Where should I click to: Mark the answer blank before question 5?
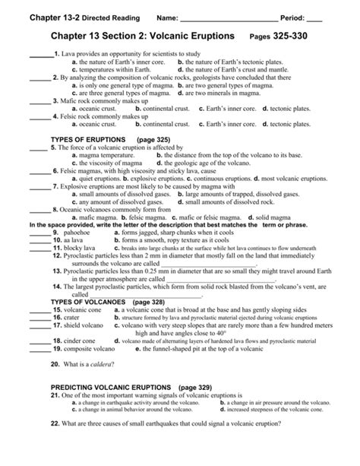38,149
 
